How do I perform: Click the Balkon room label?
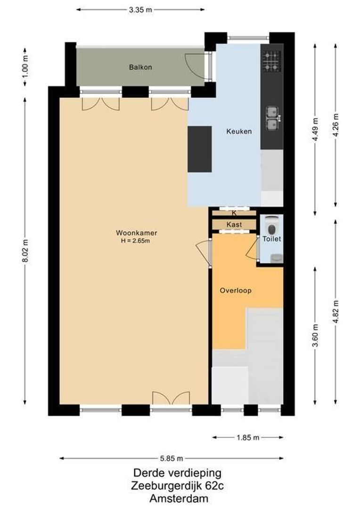point(140,67)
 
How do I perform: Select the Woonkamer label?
point(136,233)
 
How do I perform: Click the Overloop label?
point(235,291)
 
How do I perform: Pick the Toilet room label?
point(271,239)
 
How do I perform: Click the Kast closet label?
point(234,225)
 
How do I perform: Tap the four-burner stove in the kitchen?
point(271,61)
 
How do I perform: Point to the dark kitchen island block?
point(200,149)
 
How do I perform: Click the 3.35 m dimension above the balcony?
point(140,9)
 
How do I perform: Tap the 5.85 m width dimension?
point(171,458)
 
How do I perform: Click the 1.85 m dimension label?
point(248,437)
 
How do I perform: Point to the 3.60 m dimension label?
point(315,336)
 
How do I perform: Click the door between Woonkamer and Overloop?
point(207,253)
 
